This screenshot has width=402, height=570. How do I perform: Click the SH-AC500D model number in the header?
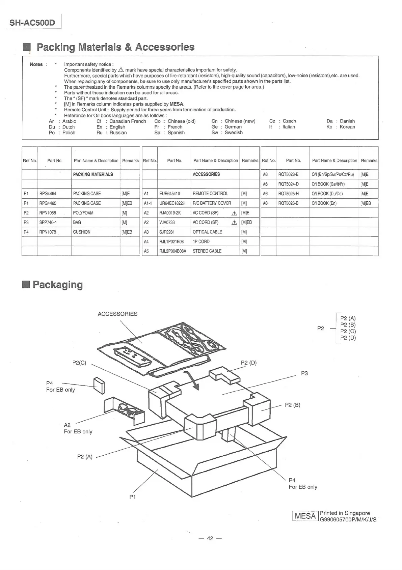click(32, 23)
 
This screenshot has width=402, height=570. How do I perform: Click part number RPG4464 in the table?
click(48, 194)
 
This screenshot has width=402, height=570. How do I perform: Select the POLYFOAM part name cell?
click(83, 213)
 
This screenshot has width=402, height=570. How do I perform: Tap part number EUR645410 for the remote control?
click(169, 194)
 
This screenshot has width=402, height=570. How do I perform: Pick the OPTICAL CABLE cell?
click(207, 232)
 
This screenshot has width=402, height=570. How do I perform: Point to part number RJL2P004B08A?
click(172, 251)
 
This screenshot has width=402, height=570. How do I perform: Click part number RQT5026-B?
click(288, 203)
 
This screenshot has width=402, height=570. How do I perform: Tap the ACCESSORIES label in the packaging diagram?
click(117, 314)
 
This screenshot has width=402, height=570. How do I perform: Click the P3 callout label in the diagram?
click(304, 373)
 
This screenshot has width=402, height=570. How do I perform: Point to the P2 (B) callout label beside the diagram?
click(292, 405)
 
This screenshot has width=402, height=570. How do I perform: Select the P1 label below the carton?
click(132, 497)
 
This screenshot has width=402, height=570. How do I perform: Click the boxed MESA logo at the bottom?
click(305, 516)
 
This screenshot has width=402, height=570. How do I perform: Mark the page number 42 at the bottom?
click(210, 538)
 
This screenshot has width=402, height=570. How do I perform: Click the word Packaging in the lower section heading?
click(57, 285)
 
